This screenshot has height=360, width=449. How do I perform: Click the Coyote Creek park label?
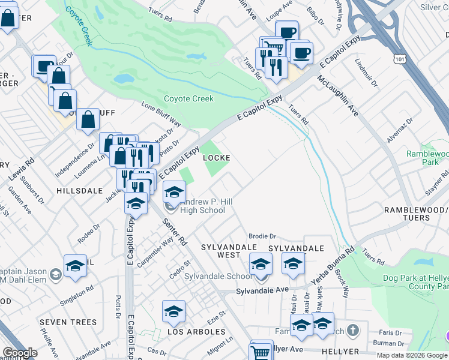point(188,98)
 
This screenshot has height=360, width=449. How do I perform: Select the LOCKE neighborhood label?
point(217,158)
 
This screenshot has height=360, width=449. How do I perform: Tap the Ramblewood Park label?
point(427,157)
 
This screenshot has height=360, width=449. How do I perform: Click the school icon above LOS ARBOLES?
point(173,311)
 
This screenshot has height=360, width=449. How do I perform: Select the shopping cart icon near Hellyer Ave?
point(261,351)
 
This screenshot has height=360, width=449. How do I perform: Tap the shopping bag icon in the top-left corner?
point(8,18)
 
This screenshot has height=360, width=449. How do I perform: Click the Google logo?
point(20,353)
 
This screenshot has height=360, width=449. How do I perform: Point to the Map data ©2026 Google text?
point(411,355)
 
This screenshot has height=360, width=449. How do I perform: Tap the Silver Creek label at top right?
point(435,7)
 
